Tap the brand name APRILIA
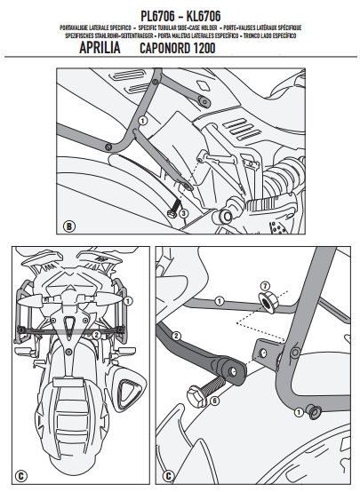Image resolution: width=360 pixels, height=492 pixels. point(106,48)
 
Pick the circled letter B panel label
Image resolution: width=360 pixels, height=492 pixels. point(69,223)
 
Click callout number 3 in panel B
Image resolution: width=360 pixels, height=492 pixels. point(182,213)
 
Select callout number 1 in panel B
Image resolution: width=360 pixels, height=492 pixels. point(142,121)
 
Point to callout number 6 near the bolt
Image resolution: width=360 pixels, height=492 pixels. point(214,401)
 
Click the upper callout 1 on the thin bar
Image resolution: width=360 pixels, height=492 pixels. point(218,302)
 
